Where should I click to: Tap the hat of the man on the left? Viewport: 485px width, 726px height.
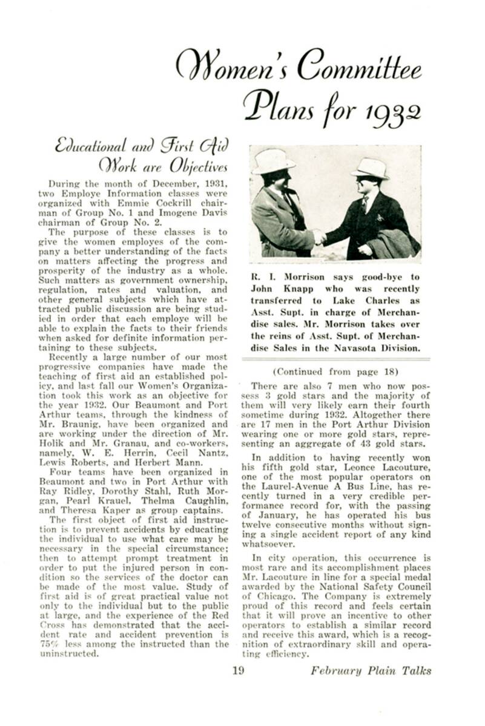point(273,161)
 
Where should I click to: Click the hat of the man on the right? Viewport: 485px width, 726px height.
point(370,168)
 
